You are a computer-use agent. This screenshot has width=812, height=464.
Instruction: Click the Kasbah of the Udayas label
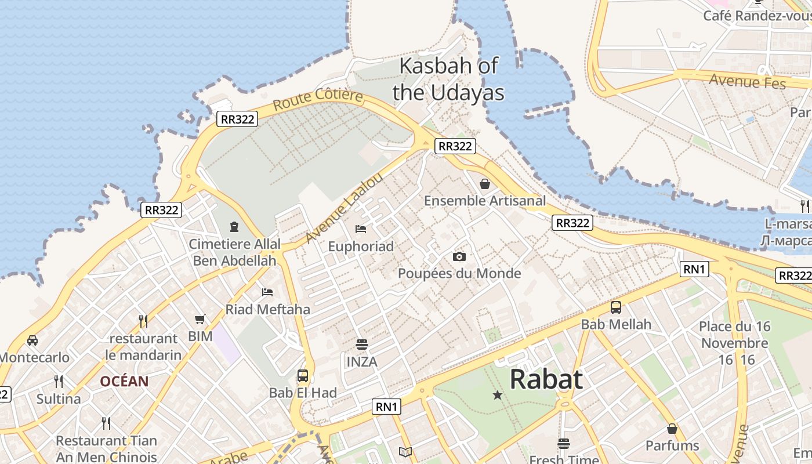[x=448, y=79]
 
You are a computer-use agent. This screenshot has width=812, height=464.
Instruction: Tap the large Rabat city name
[x=546, y=379]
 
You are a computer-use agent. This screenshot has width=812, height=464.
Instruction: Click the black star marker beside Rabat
[x=497, y=396]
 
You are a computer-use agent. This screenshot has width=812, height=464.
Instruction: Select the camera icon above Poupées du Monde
[x=459, y=256]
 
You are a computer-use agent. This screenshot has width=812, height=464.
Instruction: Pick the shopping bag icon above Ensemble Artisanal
[x=485, y=184]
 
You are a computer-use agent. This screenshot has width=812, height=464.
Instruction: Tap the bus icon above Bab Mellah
[x=616, y=307]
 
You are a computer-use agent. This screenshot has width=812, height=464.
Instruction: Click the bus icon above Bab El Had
[x=303, y=375]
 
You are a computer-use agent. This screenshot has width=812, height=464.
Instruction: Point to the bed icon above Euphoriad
[x=361, y=229]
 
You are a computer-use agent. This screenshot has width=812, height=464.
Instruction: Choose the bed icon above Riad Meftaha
[x=267, y=292]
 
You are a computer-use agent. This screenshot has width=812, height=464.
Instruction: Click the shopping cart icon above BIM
[x=200, y=319]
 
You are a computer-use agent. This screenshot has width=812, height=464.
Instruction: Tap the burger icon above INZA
[x=362, y=345]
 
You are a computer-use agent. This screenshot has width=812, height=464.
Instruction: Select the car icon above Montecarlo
[x=32, y=340]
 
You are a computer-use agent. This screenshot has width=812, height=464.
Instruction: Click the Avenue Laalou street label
[x=344, y=207]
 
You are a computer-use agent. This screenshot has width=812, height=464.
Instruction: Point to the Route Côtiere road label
[x=318, y=100]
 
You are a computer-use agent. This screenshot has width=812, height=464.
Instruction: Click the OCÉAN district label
[x=124, y=382]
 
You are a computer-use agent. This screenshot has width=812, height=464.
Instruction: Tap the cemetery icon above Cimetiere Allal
[x=234, y=226]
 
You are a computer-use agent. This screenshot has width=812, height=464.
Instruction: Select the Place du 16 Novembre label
[x=734, y=335]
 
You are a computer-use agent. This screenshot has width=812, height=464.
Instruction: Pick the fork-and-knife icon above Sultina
[x=59, y=381]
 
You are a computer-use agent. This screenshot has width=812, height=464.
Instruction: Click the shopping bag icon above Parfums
[x=672, y=429]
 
